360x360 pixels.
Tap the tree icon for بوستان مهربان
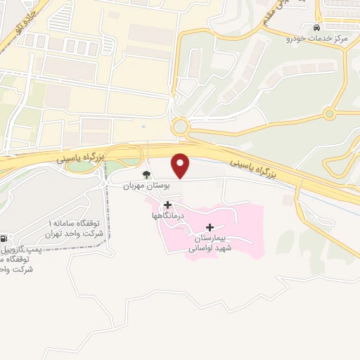tap(146, 174)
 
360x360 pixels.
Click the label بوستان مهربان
tap(138, 186)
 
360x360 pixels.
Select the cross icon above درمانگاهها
tap(167, 205)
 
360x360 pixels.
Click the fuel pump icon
tap(5, 239)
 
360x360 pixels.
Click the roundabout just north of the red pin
tap(180, 127)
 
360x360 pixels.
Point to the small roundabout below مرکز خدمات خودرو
tap(329, 114)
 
